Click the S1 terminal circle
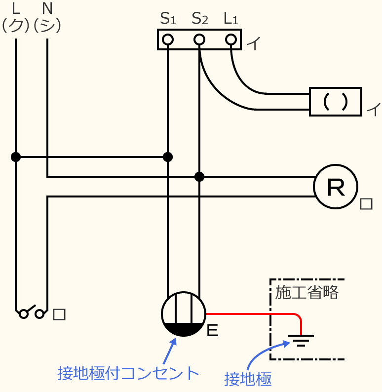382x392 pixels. click(168, 39)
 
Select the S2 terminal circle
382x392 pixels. click(199, 39)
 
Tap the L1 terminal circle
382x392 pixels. click(230, 39)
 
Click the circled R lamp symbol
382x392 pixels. click(336, 187)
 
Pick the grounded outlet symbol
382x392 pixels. click(184, 314)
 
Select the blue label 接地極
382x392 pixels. click(248, 379)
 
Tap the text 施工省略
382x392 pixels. click(307, 293)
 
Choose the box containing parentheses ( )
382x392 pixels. click(335, 102)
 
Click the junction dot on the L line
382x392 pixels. click(16, 157)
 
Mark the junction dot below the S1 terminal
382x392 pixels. click(168, 157)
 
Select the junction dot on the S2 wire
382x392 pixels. click(199, 176)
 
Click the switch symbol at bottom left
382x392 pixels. click(32, 313)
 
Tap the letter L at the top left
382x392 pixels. click(15, 8)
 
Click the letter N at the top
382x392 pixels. click(47, 8)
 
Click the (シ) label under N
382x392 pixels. click(47, 25)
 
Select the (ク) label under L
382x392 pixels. click(16, 25)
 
